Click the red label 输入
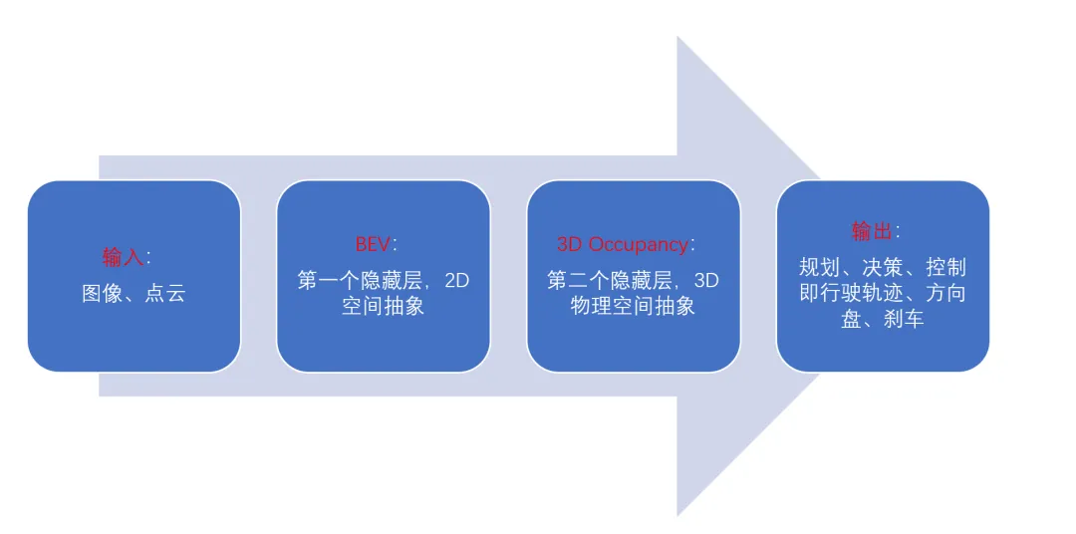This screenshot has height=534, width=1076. pos(123,257)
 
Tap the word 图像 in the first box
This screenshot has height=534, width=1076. pos(103,294)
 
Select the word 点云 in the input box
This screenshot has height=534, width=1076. pos(164,294)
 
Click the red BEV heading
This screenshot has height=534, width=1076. pos(374,245)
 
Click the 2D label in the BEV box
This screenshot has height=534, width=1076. pos(456,281)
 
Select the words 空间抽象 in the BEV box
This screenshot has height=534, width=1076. pos(384,306)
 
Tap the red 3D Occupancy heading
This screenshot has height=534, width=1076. pos(623,245)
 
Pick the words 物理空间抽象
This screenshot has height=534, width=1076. pos(633,306)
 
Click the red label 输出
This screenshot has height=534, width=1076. pos(872,232)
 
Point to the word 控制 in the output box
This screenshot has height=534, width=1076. pos(945,268)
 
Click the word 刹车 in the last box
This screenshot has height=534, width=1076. pos(904,320)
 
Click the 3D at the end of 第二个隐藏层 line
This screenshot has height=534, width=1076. pos(705,281)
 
